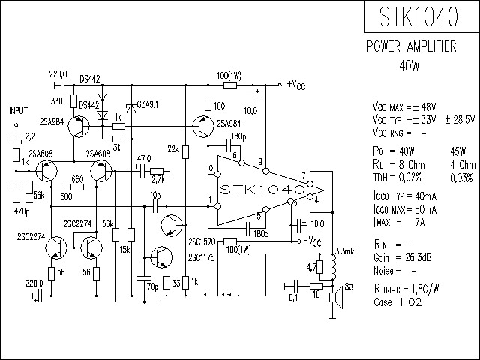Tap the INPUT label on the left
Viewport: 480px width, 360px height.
pos(18,109)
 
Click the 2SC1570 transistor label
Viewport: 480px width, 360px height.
pos(202,242)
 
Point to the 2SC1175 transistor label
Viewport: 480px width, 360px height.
pos(202,258)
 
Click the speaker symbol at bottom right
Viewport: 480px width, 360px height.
pos(337,300)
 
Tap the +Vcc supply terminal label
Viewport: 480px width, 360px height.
pos(295,84)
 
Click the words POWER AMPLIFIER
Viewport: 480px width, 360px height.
pos(411,46)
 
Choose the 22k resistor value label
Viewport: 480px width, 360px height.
pos(172,150)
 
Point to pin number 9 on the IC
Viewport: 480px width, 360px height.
pos(259,162)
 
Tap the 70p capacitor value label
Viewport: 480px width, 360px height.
pos(151,286)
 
